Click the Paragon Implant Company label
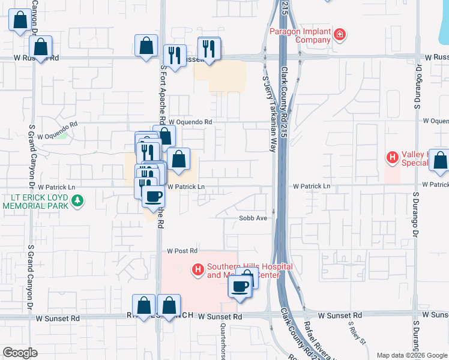tap(300, 35)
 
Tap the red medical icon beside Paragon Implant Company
tap(340, 35)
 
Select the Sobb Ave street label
tap(253, 218)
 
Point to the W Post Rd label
tap(182, 250)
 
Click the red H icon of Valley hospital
tap(392, 158)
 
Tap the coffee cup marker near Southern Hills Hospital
tap(240, 286)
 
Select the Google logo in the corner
tap(20, 353)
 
